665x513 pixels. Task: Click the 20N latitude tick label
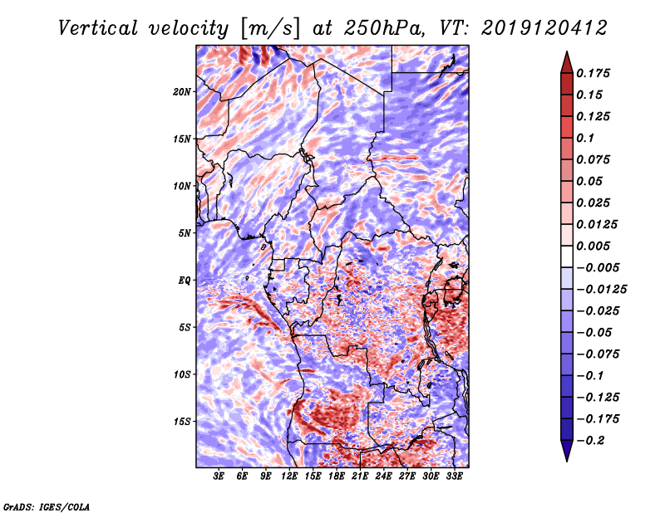182,91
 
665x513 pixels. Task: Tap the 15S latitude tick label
182,422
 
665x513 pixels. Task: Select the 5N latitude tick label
185,233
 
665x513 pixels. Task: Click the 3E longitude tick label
219,476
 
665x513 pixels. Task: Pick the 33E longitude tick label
454,476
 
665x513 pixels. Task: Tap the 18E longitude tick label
337,476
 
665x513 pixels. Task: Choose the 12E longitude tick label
289,476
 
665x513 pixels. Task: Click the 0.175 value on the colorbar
595,73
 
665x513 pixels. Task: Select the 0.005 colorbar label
595,246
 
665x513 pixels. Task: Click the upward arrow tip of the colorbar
566,54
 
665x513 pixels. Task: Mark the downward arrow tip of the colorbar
566,459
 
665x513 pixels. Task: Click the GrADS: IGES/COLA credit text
46,506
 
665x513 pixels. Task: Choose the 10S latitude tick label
182,374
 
